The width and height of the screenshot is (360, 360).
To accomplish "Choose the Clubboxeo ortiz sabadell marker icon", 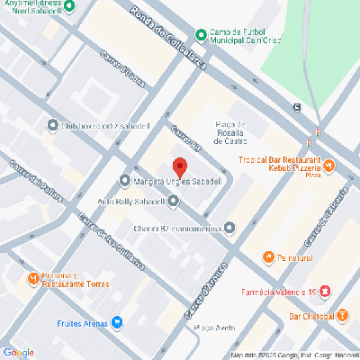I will [50, 125].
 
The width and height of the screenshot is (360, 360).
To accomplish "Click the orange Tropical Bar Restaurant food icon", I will [328, 166].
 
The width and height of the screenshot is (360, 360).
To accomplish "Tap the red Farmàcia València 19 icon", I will [325, 292].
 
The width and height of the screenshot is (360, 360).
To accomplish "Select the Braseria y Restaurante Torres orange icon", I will [33, 278].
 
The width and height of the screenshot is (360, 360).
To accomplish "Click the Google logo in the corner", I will [18, 352].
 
